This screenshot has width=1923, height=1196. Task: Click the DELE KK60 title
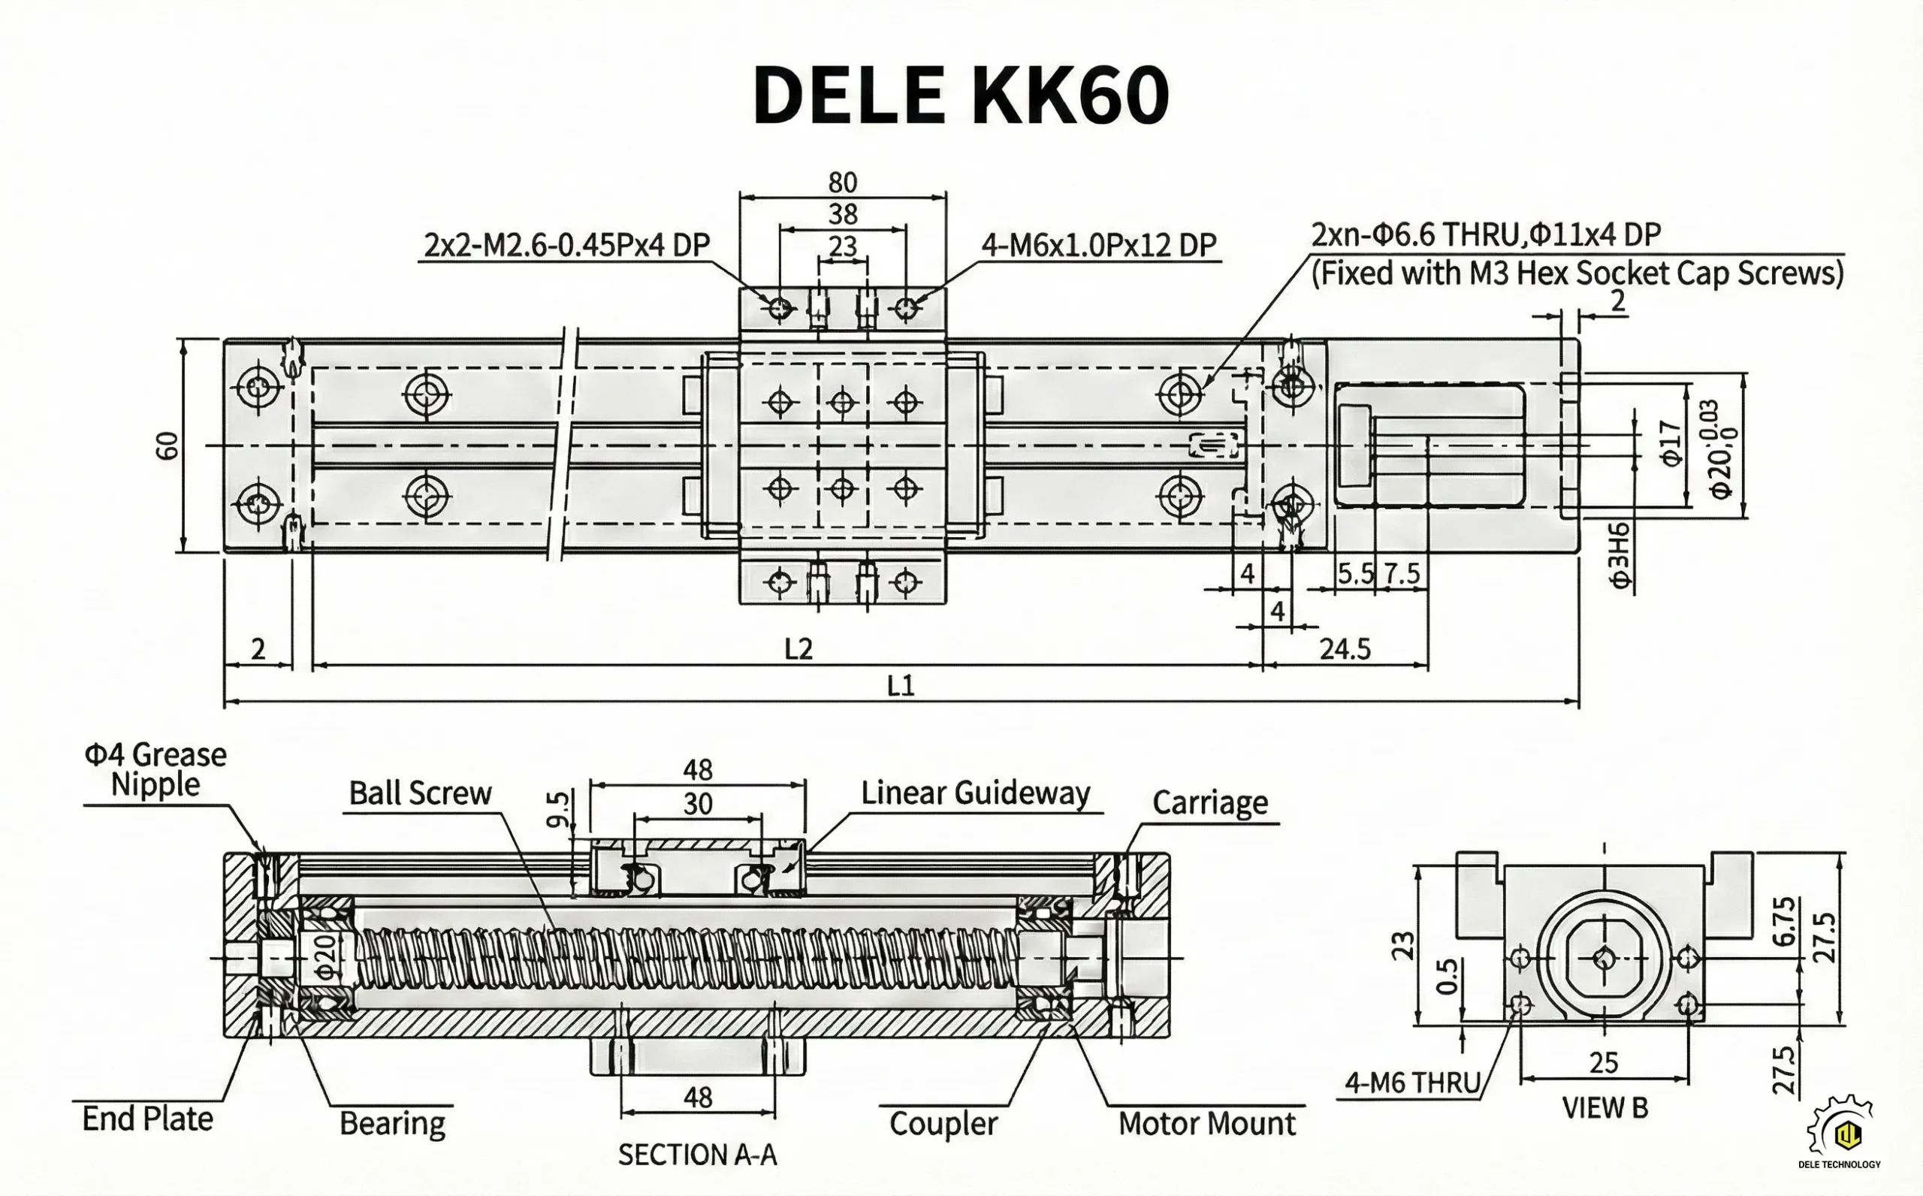tap(961, 96)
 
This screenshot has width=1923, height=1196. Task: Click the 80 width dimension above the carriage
tap(842, 183)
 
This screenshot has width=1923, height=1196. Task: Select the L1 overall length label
tap(901, 685)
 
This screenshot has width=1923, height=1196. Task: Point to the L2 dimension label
tap(798, 649)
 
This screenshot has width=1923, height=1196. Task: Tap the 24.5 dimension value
tap(1345, 649)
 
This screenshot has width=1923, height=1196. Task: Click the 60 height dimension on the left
tap(168, 446)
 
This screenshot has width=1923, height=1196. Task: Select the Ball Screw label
tap(420, 793)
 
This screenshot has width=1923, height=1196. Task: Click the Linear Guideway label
tap(975, 793)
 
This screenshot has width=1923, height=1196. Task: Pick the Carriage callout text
tap(1210, 803)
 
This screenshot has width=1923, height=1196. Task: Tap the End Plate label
tap(148, 1119)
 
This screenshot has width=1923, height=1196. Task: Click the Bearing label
tap(392, 1123)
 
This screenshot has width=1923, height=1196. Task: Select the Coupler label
tap(943, 1123)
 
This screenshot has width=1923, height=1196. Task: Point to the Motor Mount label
tap(1206, 1123)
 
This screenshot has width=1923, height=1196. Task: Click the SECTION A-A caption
tap(697, 1155)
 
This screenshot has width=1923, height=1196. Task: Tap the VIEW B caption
tap(1605, 1108)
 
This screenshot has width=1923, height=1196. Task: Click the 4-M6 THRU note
tap(1412, 1083)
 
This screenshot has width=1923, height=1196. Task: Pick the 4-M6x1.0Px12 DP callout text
tap(1098, 245)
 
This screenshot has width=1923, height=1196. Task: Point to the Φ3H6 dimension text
tap(1620, 554)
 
